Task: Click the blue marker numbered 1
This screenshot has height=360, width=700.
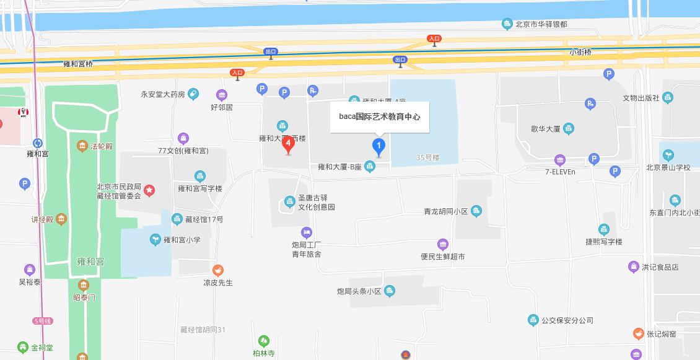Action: [x=378, y=147]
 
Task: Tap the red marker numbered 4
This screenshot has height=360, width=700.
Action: [x=288, y=144]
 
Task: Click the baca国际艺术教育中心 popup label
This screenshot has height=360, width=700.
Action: [x=379, y=116]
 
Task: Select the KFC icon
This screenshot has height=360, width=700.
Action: [x=25, y=113]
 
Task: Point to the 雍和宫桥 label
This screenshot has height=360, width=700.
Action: [x=78, y=64]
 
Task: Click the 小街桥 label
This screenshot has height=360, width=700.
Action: [x=580, y=52]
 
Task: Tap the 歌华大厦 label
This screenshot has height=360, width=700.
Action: [x=545, y=129]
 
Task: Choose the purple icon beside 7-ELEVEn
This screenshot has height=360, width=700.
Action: [x=560, y=160]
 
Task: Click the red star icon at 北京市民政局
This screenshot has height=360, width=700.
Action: [x=150, y=191]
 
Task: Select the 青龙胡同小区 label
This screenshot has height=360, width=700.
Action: [x=445, y=211]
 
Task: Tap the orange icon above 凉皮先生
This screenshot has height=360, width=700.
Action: [x=218, y=270]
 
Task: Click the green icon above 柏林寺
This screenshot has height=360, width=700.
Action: [x=264, y=341]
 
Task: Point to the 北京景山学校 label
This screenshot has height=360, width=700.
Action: [x=668, y=167]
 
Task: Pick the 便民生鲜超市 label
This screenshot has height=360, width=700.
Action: [x=442, y=257]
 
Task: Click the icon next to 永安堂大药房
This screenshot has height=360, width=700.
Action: [x=193, y=94]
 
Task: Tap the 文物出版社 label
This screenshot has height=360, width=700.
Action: [x=641, y=98]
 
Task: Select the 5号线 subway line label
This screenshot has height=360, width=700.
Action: [x=43, y=321]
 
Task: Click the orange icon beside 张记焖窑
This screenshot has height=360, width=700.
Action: [x=638, y=334]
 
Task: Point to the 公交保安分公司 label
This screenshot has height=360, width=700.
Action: [x=567, y=320]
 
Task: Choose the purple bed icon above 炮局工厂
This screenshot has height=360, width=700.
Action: [x=306, y=232]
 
